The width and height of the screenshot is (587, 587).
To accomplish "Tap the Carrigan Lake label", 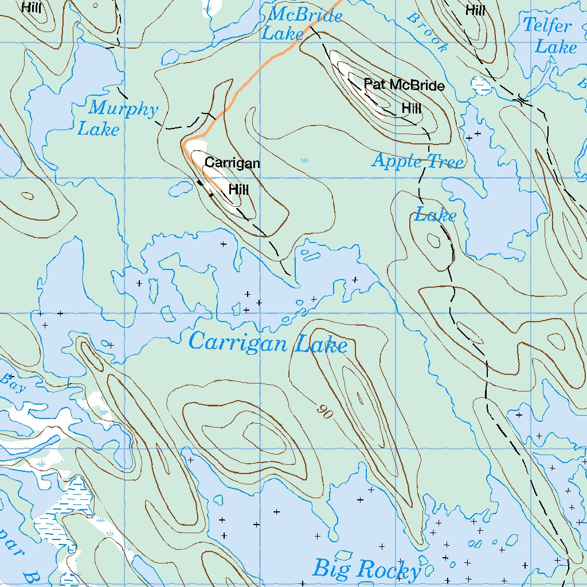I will pos(268,343).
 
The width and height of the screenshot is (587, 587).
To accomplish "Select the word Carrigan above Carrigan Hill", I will pos(232,163).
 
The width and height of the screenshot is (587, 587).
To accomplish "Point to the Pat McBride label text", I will pos(404,86).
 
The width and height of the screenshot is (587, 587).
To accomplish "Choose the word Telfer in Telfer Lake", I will pos(547,26).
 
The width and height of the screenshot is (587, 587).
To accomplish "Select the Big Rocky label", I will pos(367,570).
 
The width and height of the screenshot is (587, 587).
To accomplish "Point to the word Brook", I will pos(426,33).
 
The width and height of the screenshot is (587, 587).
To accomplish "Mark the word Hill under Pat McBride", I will pos(412,108).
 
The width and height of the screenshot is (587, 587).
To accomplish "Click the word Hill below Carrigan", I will pos(238,189).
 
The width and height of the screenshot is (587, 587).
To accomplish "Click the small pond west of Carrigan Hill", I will pos(179,187).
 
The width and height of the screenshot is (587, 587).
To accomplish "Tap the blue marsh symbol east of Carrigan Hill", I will pos(304,160).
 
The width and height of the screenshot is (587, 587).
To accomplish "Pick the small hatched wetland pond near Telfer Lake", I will pos(481,85).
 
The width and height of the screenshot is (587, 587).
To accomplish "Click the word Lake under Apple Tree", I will pos(436,216).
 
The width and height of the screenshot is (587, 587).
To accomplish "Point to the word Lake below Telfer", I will pos(555,47).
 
